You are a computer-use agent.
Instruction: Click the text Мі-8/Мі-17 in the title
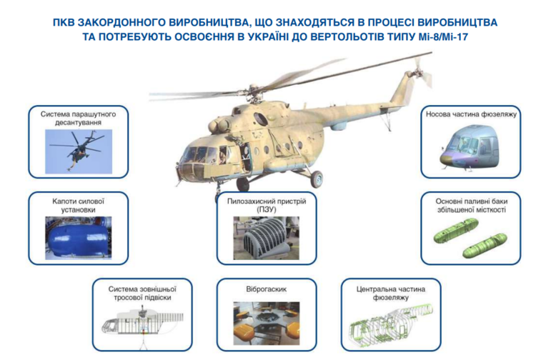[x=443, y=36]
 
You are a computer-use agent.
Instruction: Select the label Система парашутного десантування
[x=79, y=118]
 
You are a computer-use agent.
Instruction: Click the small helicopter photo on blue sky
[x=79, y=151]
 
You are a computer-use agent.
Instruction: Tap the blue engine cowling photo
[x=79, y=238]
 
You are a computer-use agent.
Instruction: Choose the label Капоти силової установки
[x=79, y=206]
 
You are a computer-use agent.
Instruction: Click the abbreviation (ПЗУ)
[x=267, y=209]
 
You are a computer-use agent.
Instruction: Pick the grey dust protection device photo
[x=267, y=238]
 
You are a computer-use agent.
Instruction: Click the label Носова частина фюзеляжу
[x=471, y=114]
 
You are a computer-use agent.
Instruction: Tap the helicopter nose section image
[x=471, y=149]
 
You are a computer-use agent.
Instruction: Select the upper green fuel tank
[x=456, y=231]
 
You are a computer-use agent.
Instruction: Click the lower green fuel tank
[x=485, y=245]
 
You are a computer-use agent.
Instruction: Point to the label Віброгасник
[x=267, y=289]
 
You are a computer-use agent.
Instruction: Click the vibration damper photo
[x=267, y=324]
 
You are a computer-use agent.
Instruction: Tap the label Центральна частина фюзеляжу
[x=391, y=293]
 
